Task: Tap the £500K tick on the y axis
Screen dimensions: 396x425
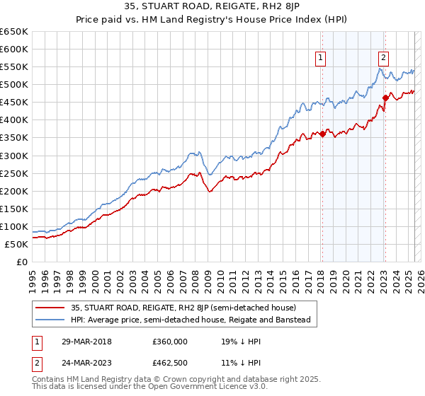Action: (x=14, y=85)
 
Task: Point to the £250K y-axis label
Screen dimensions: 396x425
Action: (x=14, y=173)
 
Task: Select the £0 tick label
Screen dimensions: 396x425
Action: (x=21, y=262)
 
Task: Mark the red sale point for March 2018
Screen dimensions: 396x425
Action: (x=322, y=134)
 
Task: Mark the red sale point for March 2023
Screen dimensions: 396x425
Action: (x=385, y=98)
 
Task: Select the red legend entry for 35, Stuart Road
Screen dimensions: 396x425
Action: (x=178, y=308)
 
